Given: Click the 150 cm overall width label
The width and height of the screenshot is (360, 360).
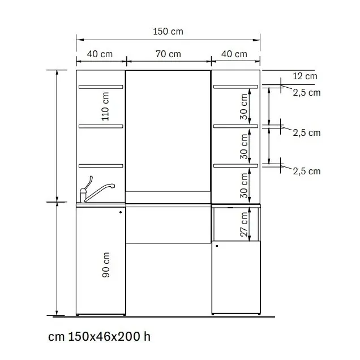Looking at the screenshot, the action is click(x=168, y=32).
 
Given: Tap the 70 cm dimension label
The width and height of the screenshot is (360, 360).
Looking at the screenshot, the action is click(x=168, y=54).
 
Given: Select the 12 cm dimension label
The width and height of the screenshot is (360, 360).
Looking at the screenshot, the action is click(x=305, y=76).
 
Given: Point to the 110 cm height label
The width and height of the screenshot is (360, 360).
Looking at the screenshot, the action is click(x=105, y=106).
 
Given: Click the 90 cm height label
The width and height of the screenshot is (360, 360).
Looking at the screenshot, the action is click(x=106, y=265).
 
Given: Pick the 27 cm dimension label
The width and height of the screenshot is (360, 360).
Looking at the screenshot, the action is click(x=244, y=224).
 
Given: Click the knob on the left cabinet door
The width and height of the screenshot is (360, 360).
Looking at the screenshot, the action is click(x=121, y=212).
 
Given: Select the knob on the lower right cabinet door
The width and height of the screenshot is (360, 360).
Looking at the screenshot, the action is click(x=217, y=246).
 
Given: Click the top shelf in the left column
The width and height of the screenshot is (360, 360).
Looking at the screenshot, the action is click(x=101, y=87).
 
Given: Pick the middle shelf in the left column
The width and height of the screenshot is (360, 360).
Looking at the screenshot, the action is click(x=101, y=126).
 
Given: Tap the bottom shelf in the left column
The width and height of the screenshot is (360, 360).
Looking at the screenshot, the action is click(x=101, y=166).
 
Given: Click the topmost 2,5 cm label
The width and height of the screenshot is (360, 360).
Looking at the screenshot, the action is click(x=306, y=93).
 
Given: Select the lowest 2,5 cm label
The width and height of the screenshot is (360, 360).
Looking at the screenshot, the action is click(x=306, y=172).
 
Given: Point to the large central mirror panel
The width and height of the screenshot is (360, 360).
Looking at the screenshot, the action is click(x=168, y=130).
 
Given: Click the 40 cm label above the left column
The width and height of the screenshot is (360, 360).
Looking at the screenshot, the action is click(x=100, y=54).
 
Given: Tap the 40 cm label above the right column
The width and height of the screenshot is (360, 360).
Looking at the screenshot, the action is click(x=234, y=54).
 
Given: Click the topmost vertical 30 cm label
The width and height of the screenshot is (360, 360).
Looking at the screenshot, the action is click(x=244, y=106).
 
